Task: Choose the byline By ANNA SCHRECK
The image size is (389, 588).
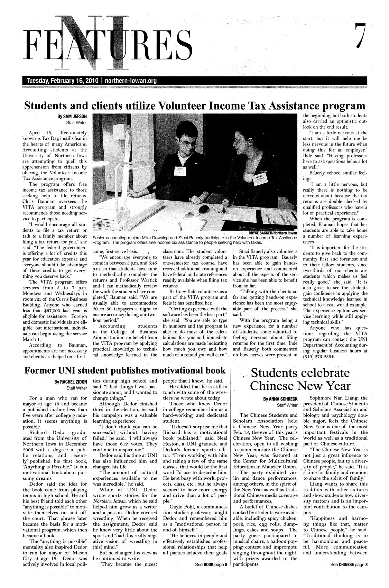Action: (x=280, y=399)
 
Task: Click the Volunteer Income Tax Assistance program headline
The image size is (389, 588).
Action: (x=194, y=104)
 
